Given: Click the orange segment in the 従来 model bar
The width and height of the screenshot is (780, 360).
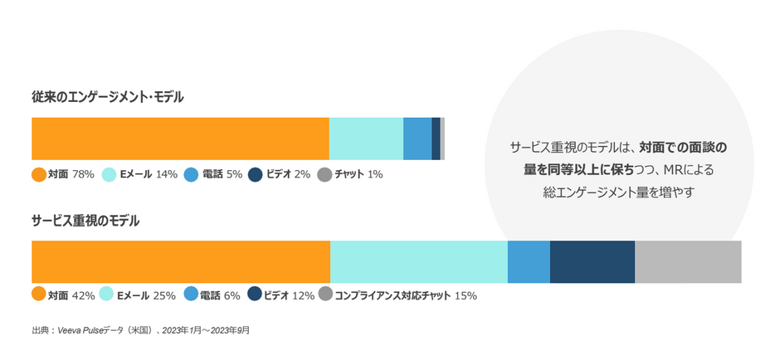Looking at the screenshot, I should pos(180,139).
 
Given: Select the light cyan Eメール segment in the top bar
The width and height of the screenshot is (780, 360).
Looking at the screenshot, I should pos(366,139).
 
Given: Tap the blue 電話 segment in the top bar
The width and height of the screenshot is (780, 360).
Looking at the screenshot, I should pos(417,139).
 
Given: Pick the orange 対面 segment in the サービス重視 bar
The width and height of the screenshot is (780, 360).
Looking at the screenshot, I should pos(180,261).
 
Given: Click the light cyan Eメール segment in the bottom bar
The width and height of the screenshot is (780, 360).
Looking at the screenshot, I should pos(418,261).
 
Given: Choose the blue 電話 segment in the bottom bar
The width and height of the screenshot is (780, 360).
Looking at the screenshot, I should pos(529,261).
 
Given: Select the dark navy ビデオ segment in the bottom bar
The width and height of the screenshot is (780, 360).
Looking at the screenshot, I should pos(592,261).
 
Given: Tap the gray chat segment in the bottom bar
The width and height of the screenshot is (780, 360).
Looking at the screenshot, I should pos(688,261).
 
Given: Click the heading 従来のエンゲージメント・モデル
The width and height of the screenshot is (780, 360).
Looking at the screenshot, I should pos(108,98).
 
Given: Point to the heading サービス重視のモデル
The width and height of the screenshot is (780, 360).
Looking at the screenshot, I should pos(85,221).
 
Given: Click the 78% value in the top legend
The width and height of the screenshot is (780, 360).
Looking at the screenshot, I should pos(83,174).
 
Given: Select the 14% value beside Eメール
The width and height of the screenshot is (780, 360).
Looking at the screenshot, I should pos(167,174).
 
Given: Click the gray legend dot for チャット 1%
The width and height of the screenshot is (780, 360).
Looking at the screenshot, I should pos(324,174).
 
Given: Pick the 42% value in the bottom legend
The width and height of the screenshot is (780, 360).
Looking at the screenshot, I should pos(83,294).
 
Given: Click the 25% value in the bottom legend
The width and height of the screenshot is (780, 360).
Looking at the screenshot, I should pos(164,294).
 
